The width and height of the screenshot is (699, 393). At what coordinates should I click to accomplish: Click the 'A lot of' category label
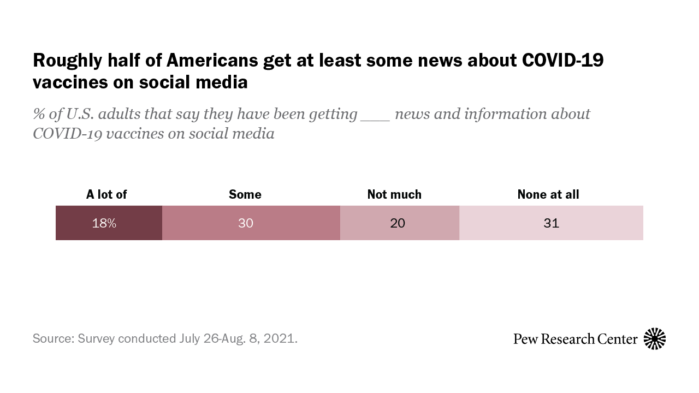coord(106,194)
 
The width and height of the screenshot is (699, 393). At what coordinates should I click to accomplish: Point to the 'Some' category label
coord(245,194)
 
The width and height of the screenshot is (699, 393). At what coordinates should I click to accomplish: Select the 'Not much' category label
coord(394,194)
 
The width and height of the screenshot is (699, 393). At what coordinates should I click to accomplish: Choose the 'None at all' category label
coord(548,194)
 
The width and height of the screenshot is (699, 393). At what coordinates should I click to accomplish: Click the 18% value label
coord(104,223)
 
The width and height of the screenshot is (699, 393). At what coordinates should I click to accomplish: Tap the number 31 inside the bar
coord(551,223)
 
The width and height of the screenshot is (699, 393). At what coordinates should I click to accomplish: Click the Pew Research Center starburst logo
coord(655,339)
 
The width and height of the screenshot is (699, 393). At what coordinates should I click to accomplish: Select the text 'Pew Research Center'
coord(575,339)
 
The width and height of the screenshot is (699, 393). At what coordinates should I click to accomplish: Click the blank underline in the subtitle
coord(375,117)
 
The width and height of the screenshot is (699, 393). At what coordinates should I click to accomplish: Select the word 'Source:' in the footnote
coord(54,338)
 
